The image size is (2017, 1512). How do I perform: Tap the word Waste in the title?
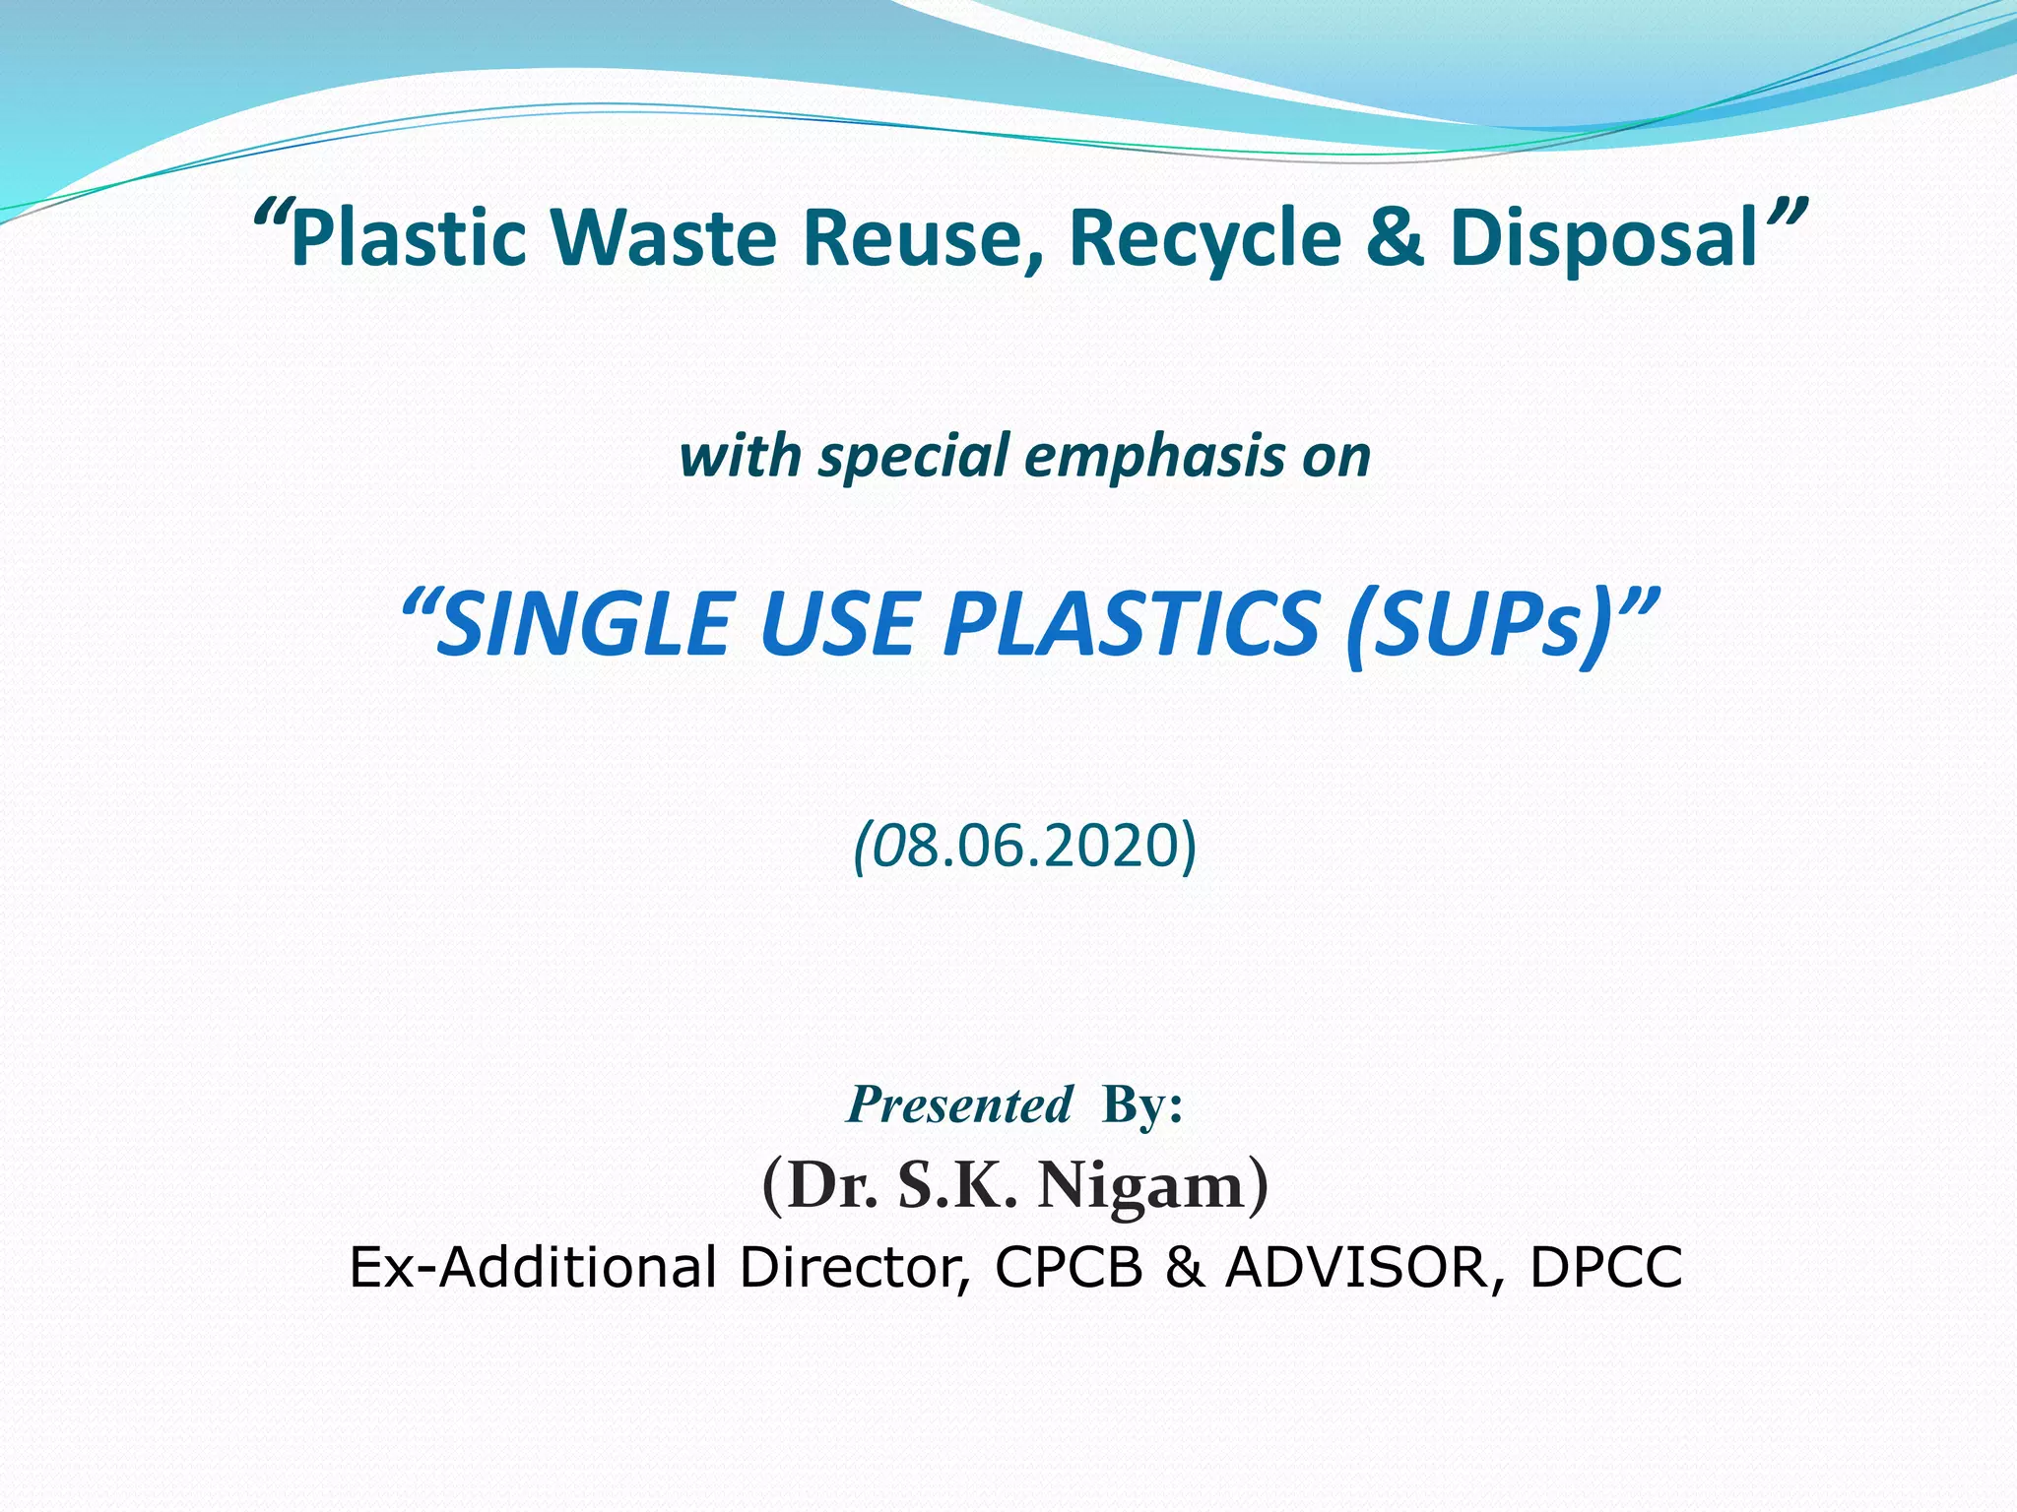pyautogui.click(x=665, y=239)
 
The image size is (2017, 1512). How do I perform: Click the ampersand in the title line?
pyautogui.click(x=1395, y=239)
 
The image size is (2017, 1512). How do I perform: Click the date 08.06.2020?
pyautogui.click(x=1025, y=846)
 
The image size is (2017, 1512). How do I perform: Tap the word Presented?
pyautogui.click(x=959, y=1104)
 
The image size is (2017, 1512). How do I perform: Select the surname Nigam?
pyautogui.click(x=1141, y=1186)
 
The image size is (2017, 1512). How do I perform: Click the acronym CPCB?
pyautogui.click(x=1070, y=1267)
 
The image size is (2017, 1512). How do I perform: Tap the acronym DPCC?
pyautogui.click(x=1606, y=1267)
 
